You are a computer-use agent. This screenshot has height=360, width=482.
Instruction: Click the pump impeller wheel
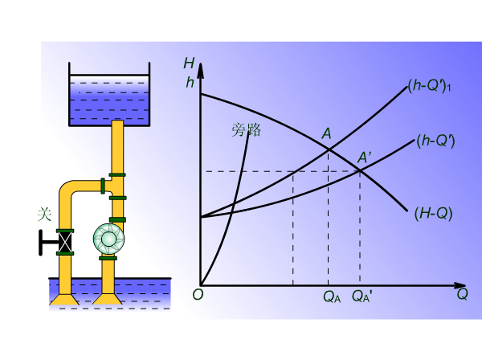click(x=108, y=239)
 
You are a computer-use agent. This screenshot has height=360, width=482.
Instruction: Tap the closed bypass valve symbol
click(x=65, y=242)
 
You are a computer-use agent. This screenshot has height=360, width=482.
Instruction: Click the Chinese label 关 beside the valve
click(x=44, y=215)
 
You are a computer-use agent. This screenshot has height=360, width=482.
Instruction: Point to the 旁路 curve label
click(x=247, y=129)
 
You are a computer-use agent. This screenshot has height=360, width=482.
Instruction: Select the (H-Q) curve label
click(x=433, y=214)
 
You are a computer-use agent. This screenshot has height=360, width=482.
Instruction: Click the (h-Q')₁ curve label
click(x=429, y=85)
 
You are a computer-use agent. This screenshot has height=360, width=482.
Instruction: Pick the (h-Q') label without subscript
click(x=435, y=141)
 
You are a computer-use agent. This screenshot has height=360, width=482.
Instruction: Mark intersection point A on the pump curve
click(x=329, y=149)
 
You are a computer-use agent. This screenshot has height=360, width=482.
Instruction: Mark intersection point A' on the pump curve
click(x=360, y=171)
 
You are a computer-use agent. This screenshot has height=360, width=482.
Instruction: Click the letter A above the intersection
click(x=326, y=133)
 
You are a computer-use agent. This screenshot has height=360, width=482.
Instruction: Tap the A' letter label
click(x=364, y=157)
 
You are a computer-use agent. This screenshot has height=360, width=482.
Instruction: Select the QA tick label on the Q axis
click(x=332, y=297)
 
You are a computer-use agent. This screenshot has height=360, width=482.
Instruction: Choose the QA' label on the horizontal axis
click(x=361, y=297)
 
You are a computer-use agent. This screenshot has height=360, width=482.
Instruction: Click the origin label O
click(x=198, y=295)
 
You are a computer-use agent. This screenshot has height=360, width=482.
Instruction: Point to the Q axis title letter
click(x=462, y=294)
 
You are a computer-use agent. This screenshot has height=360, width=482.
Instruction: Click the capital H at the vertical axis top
click(x=189, y=63)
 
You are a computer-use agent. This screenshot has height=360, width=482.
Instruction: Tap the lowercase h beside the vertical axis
click(x=190, y=83)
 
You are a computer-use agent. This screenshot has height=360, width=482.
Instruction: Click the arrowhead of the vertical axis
click(x=200, y=70)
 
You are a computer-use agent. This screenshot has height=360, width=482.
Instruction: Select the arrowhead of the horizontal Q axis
click(x=460, y=285)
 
